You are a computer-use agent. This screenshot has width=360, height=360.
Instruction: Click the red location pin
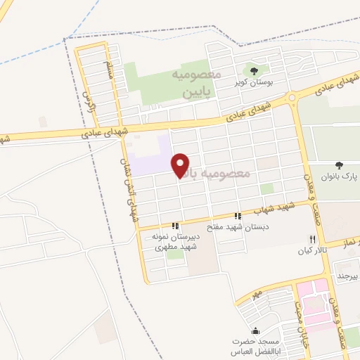coord(181,164)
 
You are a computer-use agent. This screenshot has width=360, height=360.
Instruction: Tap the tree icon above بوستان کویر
coord(254,70)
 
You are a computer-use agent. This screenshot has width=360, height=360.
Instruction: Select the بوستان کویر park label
coord(254,82)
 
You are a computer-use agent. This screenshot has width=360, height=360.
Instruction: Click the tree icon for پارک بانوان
coord(339,166)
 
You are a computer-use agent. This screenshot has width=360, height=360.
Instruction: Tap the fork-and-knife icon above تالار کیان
coord(312,239)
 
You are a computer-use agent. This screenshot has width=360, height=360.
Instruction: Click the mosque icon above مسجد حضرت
coord(255,330)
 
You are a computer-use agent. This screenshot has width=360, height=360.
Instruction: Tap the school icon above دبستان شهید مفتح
coord(239,216)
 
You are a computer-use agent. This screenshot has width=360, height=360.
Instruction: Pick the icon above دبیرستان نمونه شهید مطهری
coord(176,226)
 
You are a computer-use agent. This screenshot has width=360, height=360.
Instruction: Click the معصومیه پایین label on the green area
coord(193,82)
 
